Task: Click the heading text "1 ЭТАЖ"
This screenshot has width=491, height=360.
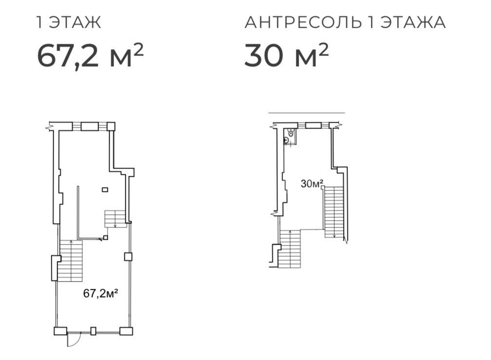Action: [x=69, y=22]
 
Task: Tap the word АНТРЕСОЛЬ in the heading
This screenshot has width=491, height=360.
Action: [x=303, y=22]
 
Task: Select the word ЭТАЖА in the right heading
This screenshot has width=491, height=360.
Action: [x=413, y=22]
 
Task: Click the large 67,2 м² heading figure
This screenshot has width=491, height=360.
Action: [x=91, y=55]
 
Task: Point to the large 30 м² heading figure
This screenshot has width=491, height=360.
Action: [x=286, y=55]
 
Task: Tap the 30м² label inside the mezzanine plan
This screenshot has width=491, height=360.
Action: [x=312, y=184]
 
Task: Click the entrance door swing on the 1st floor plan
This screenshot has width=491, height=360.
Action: [x=75, y=340]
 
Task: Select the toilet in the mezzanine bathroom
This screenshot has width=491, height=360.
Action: [x=291, y=133]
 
